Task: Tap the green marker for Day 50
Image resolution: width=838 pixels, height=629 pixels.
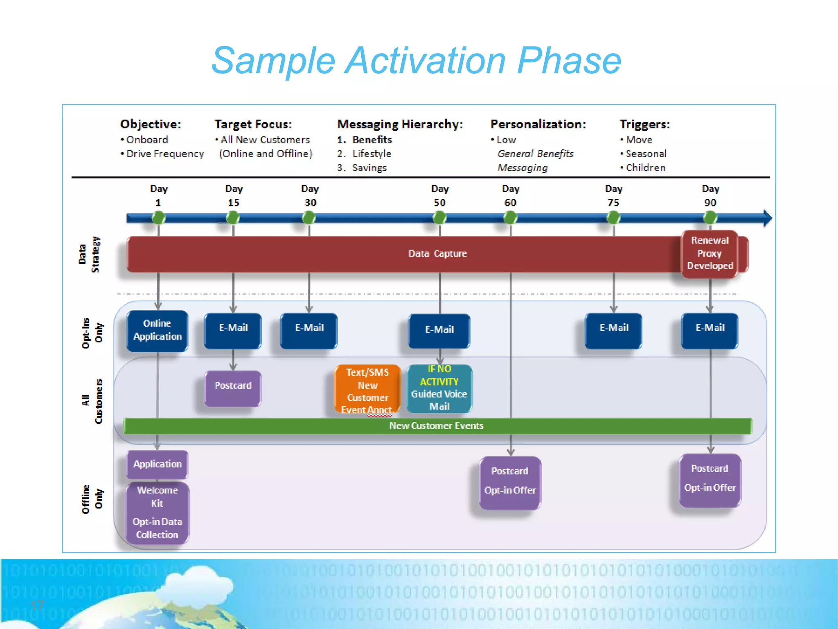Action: [x=439, y=218]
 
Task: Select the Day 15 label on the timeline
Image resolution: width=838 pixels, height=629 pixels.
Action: [x=234, y=196]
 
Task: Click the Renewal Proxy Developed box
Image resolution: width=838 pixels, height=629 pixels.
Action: [x=710, y=253]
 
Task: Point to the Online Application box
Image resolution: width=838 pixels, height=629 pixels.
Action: [x=158, y=330]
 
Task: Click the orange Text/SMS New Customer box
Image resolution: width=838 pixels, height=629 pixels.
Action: [x=367, y=390]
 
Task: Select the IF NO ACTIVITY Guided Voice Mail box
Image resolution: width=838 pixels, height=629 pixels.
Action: [x=439, y=388]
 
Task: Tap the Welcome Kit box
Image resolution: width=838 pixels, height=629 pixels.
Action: [x=158, y=513]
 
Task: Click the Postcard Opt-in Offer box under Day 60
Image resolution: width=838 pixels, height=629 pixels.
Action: [x=510, y=482]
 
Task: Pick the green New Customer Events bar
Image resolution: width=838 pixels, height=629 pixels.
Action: [x=437, y=426]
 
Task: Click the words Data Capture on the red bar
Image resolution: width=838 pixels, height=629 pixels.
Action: [x=437, y=253]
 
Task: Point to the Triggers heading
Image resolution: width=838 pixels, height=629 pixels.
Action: [x=644, y=124]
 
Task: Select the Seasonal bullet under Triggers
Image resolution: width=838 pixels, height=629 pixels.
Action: [x=646, y=154]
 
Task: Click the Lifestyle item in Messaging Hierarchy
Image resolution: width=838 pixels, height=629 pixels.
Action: [x=372, y=154]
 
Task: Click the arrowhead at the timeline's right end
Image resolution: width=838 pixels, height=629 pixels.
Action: [x=767, y=218]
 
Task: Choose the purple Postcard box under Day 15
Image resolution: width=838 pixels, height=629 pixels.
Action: [x=233, y=388]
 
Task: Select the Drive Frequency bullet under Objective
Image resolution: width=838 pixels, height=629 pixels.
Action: [x=165, y=154]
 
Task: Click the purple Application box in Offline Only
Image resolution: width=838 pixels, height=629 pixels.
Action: [x=158, y=464]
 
